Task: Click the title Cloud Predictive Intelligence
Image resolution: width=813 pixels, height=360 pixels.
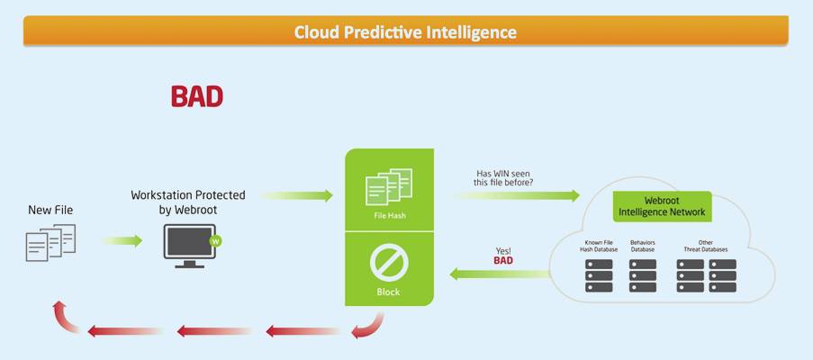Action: [x=405, y=32]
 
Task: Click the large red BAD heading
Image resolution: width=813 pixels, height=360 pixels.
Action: [x=197, y=97]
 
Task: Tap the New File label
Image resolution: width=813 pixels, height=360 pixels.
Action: [x=50, y=211]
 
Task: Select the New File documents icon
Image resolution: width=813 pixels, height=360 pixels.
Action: [x=50, y=242]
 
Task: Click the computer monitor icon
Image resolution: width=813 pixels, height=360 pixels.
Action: [x=189, y=246]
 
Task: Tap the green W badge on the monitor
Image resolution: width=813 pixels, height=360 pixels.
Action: [x=215, y=241]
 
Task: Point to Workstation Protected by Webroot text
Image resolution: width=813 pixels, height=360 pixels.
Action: [x=188, y=202]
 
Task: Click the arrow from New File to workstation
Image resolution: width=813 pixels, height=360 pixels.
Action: [x=122, y=241]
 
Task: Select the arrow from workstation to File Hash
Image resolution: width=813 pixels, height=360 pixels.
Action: [x=296, y=195]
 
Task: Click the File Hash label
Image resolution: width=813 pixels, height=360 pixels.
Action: [x=390, y=215]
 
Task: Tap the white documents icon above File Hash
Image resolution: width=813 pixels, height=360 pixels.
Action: [x=389, y=186]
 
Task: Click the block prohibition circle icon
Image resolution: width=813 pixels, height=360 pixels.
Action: [x=389, y=262]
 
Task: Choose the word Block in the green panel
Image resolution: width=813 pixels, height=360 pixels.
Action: [x=388, y=292]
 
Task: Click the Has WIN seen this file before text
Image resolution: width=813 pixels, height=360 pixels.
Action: [x=503, y=177]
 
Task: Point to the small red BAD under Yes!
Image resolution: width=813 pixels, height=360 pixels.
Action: [x=503, y=260]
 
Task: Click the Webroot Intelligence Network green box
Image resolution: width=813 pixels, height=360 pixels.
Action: [x=662, y=206]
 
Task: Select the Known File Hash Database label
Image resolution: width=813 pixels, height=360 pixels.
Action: [x=599, y=246]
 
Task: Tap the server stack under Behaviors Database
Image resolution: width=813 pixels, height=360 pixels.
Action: [x=643, y=275]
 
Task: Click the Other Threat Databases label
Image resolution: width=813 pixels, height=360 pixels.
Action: [x=706, y=246]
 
